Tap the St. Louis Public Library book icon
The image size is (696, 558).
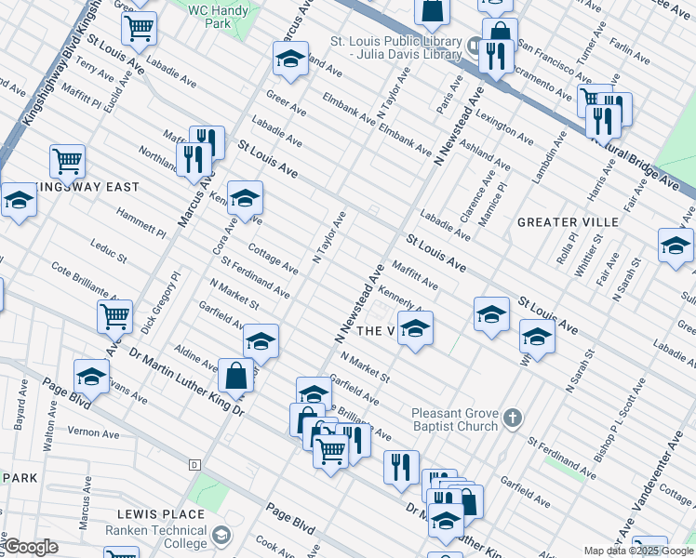pyautogui.click(x=475, y=44)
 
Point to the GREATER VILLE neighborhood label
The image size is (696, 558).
pyautogui.click(x=568, y=222)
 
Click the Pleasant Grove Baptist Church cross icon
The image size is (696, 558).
pyautogui.click(x=511, y=419)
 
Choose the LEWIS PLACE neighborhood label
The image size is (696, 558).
pyautogui.click(x=161, y=514)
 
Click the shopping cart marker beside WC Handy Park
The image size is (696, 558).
pyautogui.click(x=139, y=28)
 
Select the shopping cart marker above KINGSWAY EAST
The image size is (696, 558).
pyautogui.click(x=68, y=160)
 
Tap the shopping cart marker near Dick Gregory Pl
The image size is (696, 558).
pyautogui.click(x=114, y=316)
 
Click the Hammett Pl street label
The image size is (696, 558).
pyautogui.click(x=141, y=223)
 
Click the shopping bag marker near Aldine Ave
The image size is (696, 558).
pyautogui.click(x=235, y=376)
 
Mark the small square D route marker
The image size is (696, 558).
pyautogui.click(x=194, y=464)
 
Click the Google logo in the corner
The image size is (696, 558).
pyautogui.click(x=32, y=548)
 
